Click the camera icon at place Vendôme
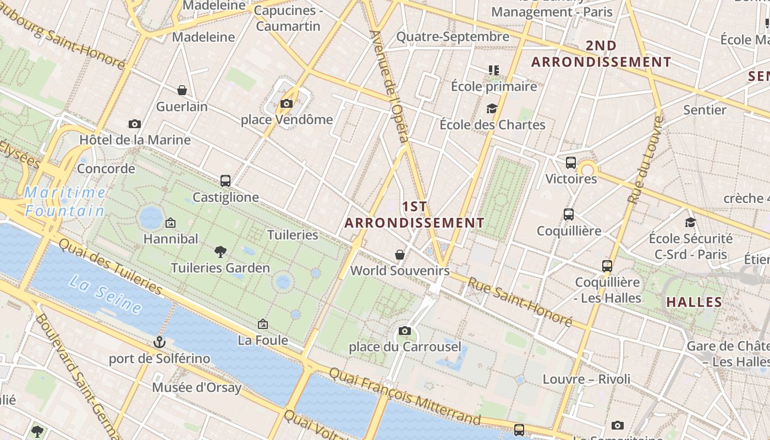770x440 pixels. [286, 103]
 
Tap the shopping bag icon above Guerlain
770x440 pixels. [182, 90]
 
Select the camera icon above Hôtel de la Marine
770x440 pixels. [135, 124]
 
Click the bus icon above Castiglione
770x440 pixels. [225, 180]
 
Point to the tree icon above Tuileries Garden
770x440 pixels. [220, 252]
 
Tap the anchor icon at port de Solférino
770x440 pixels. [159, 342]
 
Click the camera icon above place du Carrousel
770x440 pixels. [405, 331]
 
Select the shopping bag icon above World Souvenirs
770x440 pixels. [400, 255]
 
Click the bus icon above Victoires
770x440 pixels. [571, 163]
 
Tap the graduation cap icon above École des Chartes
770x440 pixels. [492, 109]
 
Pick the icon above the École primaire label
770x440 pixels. [493, 70]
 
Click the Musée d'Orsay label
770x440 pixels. [196, 388]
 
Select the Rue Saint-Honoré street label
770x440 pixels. [520, 301]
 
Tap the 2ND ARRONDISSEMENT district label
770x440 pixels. [601, 54]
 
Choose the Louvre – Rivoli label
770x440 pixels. [586, 379]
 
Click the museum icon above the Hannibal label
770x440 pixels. [170, 223]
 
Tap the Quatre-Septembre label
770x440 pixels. [453, 37]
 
